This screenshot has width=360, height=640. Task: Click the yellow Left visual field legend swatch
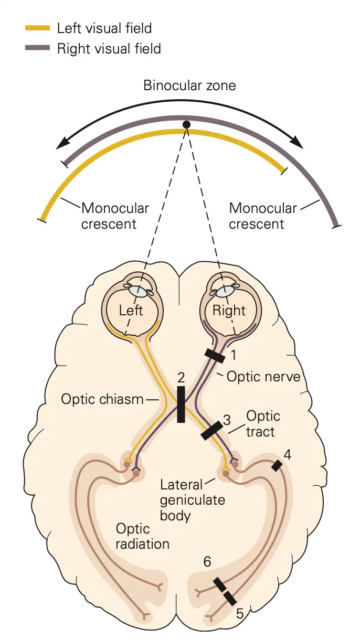[38, 28]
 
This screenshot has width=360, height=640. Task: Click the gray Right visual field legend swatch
[38, 49]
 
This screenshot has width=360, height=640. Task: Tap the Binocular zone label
[189, 85]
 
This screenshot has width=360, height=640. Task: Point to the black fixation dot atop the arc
[186, 124]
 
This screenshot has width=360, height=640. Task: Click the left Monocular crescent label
[115, 216]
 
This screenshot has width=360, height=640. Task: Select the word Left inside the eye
[131, 310]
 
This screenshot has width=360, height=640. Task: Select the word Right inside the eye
[229, 310]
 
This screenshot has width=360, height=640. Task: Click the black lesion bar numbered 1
[215, 356]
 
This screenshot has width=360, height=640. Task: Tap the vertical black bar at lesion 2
[181, 404]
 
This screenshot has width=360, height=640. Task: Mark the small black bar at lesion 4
[276, 465]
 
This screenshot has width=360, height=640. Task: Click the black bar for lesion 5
[230, 598]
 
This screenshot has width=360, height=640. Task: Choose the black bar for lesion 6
[219, 584]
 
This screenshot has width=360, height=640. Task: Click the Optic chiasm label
[102, 399]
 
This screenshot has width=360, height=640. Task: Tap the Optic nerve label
[263, 377]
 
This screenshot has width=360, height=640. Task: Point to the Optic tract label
[263, 423]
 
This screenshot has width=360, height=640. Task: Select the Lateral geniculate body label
[192, 499]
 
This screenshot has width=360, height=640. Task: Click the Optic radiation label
[143, 536]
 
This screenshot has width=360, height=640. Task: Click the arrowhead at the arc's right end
[298, 143]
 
